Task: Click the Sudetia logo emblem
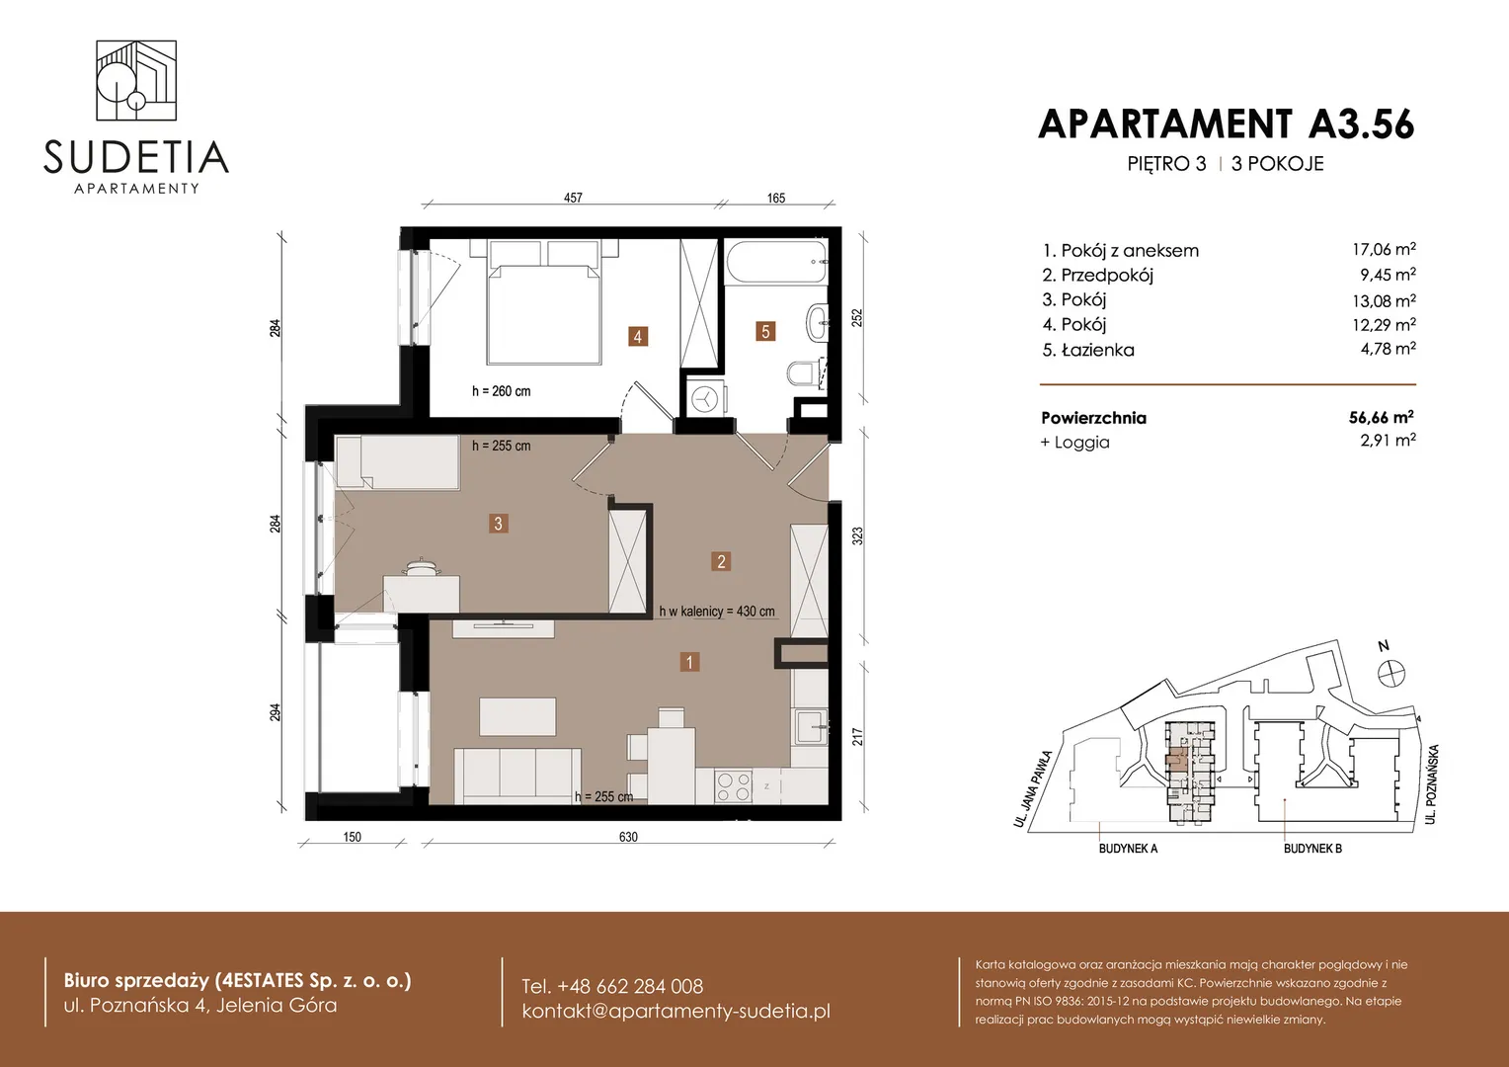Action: (x=136, y=80)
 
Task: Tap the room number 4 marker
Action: (x=637, y=336)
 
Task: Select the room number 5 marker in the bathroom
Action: (x=765, y=331)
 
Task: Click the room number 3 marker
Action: (x=498, y=523)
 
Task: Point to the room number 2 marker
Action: (x=721, y=561)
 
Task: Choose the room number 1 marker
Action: (x=689, y=662)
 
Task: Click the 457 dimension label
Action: (x=574, y=198)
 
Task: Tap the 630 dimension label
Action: (x=628, y=837)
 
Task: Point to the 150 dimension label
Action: (x=352, y=837)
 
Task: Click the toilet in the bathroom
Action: (x=804, y=373)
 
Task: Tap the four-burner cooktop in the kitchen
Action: (x=734, y=786)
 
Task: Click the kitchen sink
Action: (x=811, y=727)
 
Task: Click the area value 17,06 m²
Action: (x=1384, y=249)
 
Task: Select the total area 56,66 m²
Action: (x=1381, y=417)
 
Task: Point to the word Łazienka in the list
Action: (x=1097, y=349)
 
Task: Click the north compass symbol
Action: (x=1391, y=673)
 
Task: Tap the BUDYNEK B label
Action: (x=1312, y=849)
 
